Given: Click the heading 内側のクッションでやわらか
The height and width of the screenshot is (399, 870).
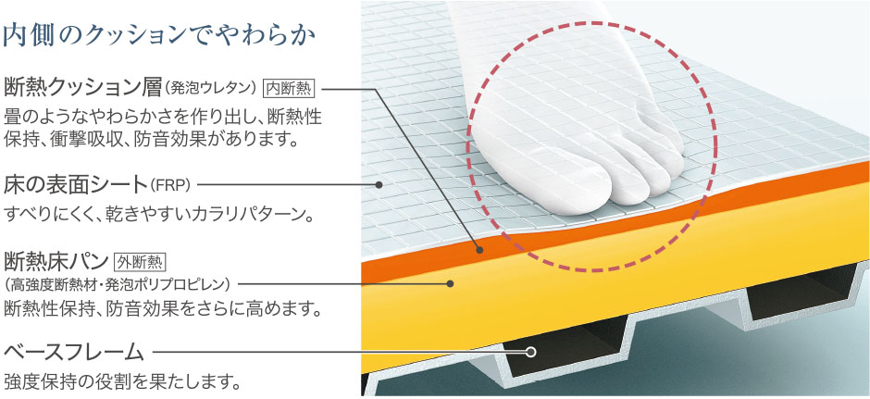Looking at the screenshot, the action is pyautogui.click(x=159, y=36).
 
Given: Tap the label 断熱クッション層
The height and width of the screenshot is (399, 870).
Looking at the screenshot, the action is pyautogui.click(x=82, y=88).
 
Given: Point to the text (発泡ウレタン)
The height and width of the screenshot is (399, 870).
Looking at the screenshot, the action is pyautogui.click(x=211, y=88).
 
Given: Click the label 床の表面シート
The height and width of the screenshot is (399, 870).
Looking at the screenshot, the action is pyautogui.click(x=76, y=183).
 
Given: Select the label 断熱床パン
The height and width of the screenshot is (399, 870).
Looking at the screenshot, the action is pyautogui.click(x=56, y=260).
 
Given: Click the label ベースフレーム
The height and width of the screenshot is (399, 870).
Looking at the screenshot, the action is pyautogui.click(x=74, y=352).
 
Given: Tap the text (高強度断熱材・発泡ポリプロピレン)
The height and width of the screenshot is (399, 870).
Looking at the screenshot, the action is pyautogui.click(x=117, y=284).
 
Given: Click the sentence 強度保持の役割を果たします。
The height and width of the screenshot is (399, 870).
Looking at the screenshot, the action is pyautogui.click(x=123, y=381).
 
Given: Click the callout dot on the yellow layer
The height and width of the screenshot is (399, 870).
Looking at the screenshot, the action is pyautogui.click(x=450, y=283).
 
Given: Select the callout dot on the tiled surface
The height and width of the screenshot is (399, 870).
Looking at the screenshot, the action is pyautogui.click(x=379, y=184).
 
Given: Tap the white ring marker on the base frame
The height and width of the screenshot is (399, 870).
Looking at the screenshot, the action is pyautogui.click(x=530, y=352).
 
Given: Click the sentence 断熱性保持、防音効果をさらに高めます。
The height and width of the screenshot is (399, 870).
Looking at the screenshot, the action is pyautogui.click(x=163, y=308).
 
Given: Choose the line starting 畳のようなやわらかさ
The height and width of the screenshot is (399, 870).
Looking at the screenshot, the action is pyautogui.click(x=163, y=118).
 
